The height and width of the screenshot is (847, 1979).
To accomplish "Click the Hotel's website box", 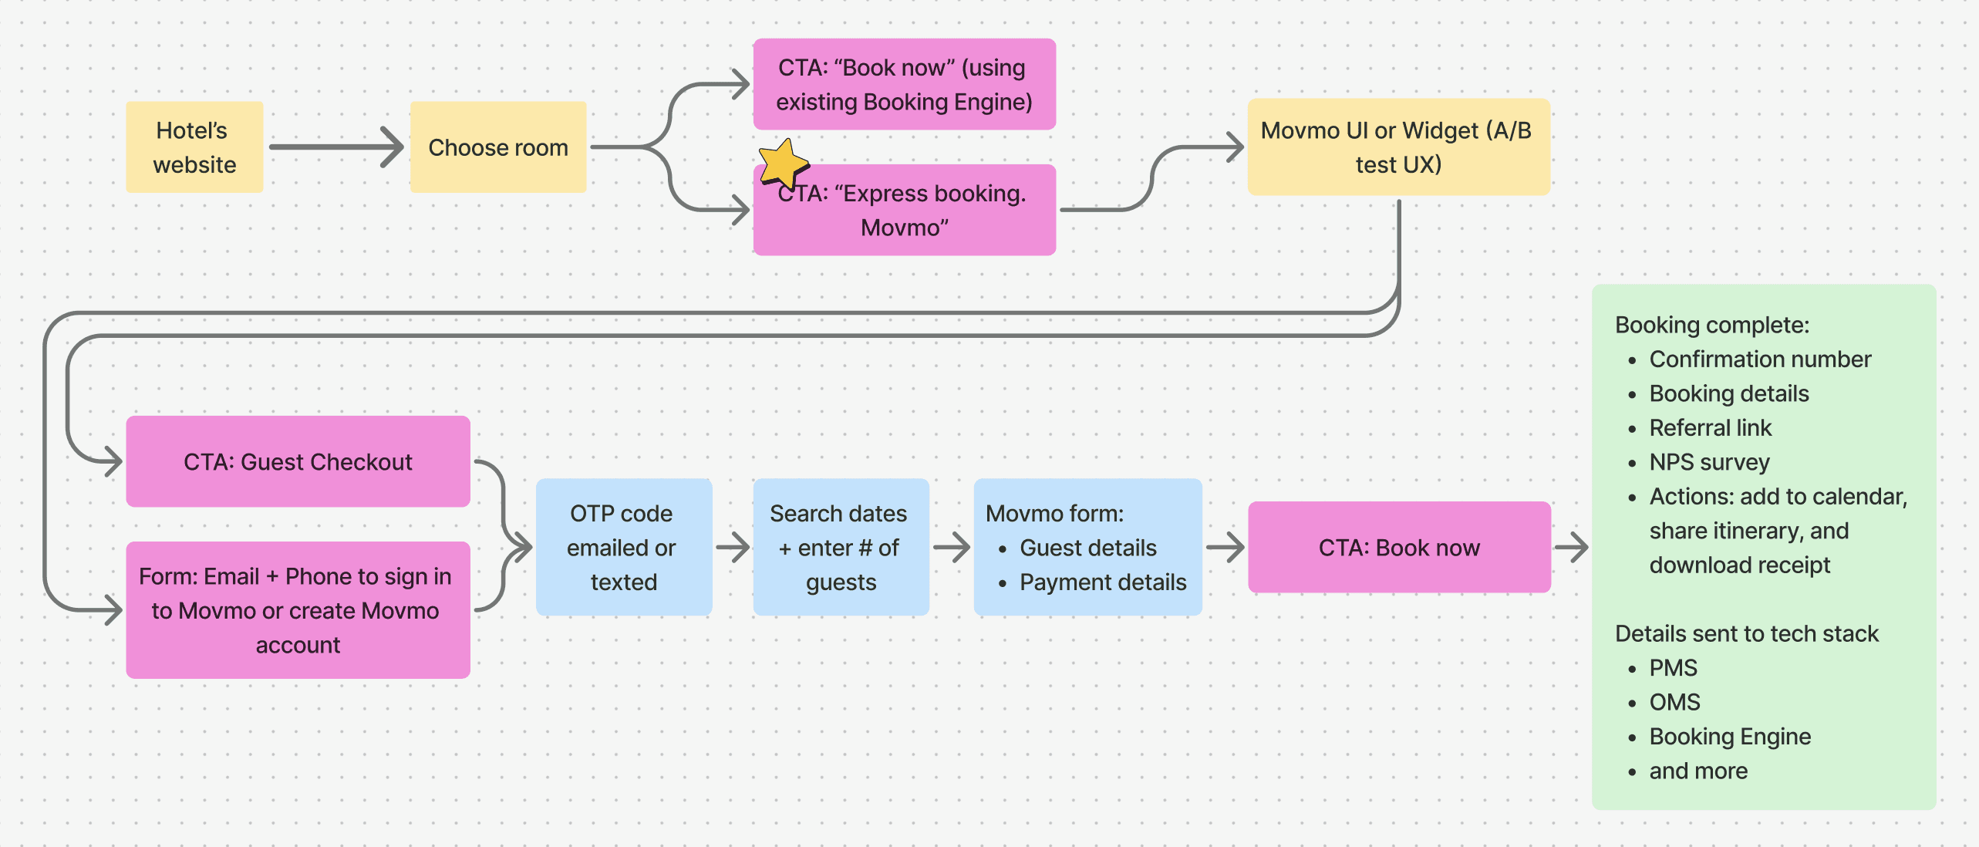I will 194,147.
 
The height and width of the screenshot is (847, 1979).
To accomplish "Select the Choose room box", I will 498,147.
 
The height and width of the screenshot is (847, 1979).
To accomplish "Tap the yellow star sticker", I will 782,163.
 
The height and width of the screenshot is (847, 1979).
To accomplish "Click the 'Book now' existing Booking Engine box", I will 904,85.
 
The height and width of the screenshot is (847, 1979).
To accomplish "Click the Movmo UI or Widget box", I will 1397,147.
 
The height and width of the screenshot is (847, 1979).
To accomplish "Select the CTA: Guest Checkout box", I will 298,462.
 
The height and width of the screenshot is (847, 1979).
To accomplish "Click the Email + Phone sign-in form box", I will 298,610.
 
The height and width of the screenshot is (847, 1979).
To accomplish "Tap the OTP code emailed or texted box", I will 623,547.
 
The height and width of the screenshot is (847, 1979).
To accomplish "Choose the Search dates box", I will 841,547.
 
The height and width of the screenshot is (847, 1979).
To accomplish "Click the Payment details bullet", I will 1102,582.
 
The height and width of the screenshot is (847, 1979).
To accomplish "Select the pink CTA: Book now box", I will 1398,548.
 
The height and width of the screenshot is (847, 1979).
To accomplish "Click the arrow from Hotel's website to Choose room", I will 336,147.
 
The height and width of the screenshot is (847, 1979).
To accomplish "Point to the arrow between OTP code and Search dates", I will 733,548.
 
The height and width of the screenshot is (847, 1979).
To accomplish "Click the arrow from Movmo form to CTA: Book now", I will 1225,548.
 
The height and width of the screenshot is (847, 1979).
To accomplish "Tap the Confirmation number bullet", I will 1759,359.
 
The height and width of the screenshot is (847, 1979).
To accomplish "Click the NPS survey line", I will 1708,462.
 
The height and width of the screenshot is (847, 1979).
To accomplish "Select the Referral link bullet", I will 1710,428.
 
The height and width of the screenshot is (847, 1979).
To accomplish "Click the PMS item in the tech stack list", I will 1673,668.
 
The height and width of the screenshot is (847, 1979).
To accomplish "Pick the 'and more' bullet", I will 1697,771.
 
